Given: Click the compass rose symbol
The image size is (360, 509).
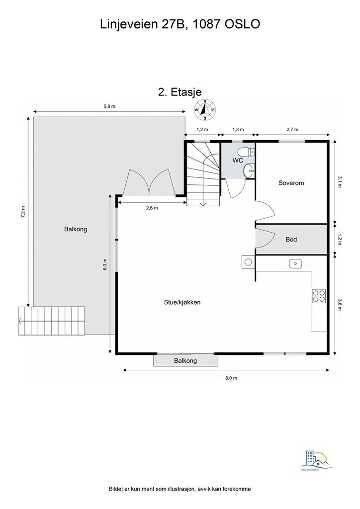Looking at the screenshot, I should (x=204, y=110).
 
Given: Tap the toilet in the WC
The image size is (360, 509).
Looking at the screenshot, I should (x=245, y=152).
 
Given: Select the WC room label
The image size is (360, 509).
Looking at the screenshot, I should (x=238, y=161).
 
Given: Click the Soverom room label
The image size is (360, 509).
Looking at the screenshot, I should (x=291, y=183).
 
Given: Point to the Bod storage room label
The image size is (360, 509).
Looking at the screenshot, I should (x=291, y=240).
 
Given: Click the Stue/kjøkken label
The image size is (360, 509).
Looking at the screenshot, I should (x=182, y=302).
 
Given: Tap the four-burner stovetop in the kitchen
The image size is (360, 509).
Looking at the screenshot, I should (x=319, y=296).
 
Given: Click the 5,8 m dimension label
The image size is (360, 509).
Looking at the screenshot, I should (x=109, y=106).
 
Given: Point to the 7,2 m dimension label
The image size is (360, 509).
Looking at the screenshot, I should (x=23, y=211).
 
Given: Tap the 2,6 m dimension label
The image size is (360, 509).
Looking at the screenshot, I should (x=152, y=208).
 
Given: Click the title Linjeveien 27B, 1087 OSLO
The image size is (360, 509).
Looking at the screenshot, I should (x=180, y=24).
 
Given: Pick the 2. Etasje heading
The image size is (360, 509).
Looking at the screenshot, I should (x=180, y=92).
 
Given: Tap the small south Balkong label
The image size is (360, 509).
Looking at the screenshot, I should (x=185, y=361).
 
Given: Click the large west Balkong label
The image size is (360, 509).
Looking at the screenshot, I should (x=76, y=229).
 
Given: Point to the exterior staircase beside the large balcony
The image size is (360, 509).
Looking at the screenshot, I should (x=52, y=321).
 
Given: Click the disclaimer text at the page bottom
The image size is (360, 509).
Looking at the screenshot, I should (x=180, y=489).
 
